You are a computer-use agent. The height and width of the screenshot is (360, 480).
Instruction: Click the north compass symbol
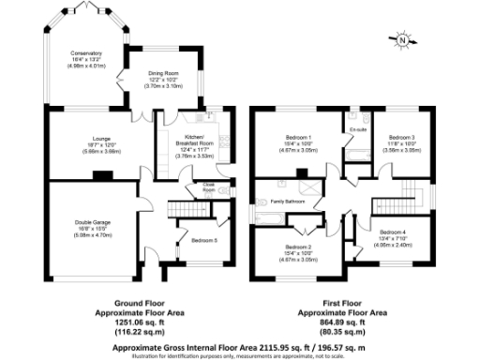pos(403,40)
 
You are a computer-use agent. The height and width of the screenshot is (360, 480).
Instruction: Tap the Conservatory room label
pos(84,54)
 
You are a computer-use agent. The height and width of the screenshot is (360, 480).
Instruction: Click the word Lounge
pos(87,139)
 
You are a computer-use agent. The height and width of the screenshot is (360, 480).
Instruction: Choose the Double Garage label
pos(91,221)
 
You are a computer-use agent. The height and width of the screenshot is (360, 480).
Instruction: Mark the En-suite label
pos(357,129)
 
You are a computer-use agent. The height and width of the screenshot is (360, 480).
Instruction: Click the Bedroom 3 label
pos(400,139)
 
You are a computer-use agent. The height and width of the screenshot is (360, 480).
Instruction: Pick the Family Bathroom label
pos(289,202)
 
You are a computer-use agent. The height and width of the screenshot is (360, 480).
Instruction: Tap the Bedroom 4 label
pos(393,231)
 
